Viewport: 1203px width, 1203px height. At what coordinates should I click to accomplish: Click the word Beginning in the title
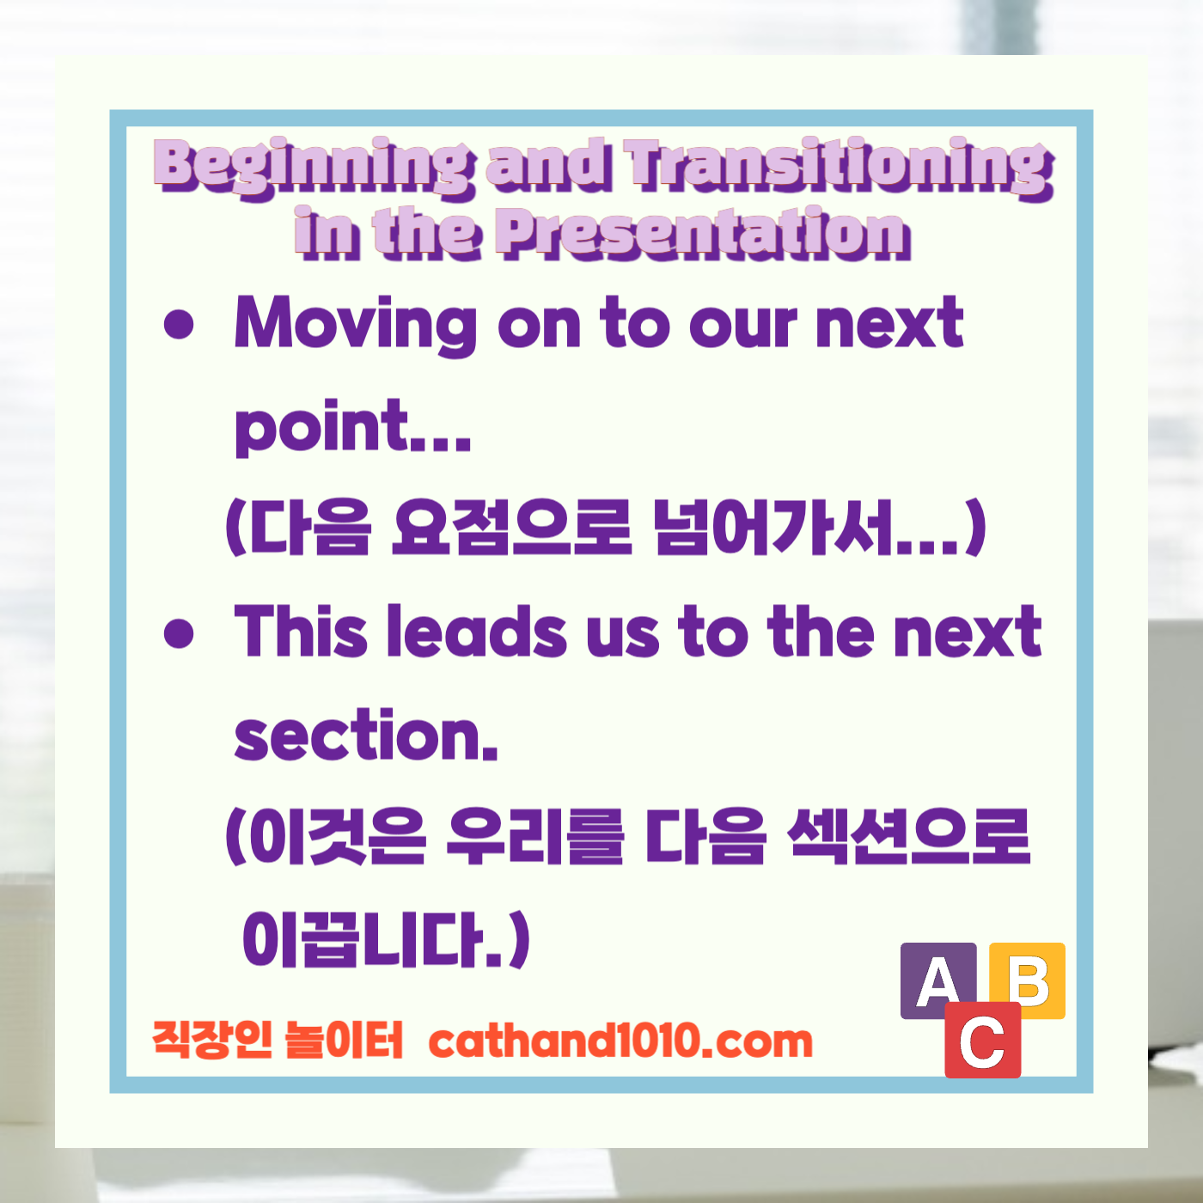click(314, 167)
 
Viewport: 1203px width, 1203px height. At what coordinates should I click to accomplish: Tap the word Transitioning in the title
click(839, 167)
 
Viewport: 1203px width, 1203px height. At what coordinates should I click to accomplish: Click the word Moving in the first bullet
click(355, 324)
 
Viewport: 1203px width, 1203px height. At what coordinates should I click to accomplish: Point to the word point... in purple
click(352, 427)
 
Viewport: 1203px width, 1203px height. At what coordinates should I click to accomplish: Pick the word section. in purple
click(366, 737)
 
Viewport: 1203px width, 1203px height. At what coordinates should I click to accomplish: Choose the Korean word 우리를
click(534, 837)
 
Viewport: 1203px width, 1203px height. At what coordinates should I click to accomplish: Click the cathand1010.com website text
click(620, 1041)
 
